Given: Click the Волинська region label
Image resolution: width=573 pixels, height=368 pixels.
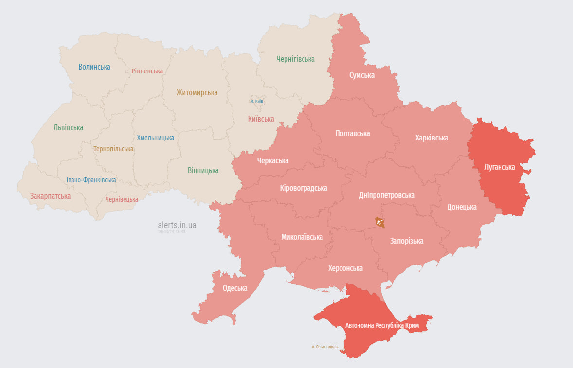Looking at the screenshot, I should click(94, 67).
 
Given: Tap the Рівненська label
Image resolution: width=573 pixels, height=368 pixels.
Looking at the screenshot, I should click(147, 71).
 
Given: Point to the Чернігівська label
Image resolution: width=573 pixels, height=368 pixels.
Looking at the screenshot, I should click(295, 59).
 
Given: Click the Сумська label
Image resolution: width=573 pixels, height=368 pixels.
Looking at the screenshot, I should click(362, 75).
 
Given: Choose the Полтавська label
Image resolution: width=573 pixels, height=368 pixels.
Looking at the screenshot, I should click(353, 133).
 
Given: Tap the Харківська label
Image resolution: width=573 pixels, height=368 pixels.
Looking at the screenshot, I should click(431, 138).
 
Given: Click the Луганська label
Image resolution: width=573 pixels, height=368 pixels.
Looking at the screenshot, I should click(500, 167).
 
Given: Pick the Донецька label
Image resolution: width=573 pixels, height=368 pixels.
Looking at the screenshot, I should click(462, 207).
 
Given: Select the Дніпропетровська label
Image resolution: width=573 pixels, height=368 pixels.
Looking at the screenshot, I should click(387, 195).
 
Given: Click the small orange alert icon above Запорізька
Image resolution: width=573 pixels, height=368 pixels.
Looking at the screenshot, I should click(380, 223).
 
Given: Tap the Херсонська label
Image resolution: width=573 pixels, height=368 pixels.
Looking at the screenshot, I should click(345, 268).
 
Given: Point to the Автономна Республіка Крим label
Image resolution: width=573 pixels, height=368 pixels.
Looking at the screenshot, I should click(382, 325).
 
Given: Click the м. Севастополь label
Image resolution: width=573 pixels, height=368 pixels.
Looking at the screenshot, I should click(325, 347).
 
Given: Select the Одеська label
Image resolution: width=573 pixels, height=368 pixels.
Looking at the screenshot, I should click(235, 288).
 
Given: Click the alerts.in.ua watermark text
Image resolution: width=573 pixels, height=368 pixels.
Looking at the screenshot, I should click(177, 225).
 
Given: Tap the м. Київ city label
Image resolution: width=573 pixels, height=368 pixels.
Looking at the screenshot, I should click(257, 101).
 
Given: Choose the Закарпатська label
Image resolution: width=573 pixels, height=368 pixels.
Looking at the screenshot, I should click(50, 196).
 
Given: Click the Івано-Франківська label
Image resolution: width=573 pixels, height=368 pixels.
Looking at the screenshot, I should click(91, 180).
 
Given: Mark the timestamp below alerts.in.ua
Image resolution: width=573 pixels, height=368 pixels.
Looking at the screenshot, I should click(171, 232).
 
